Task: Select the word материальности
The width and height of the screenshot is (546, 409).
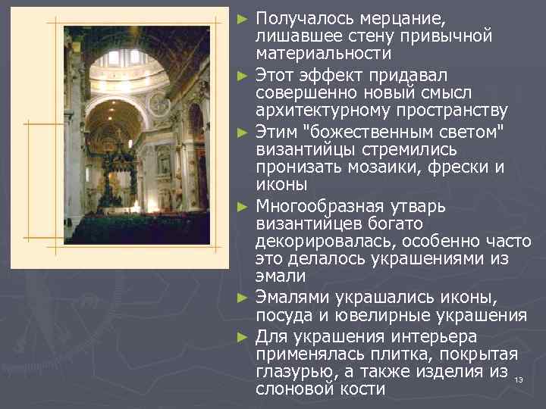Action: coord(324,54)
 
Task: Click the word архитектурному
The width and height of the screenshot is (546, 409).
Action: coord(322,111)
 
